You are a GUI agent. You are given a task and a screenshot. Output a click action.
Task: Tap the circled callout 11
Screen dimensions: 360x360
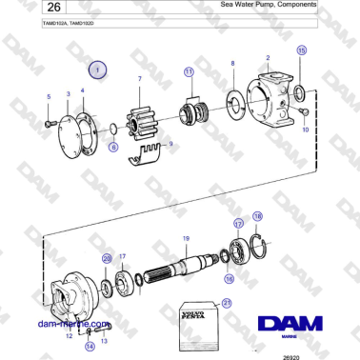coord(189,71)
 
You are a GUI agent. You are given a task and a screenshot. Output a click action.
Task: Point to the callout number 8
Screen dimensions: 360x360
coord(231,63)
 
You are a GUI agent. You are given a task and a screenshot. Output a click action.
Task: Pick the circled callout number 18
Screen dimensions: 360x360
coord(256,216)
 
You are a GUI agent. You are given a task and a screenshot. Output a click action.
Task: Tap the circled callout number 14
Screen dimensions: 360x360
coord(90,347)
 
